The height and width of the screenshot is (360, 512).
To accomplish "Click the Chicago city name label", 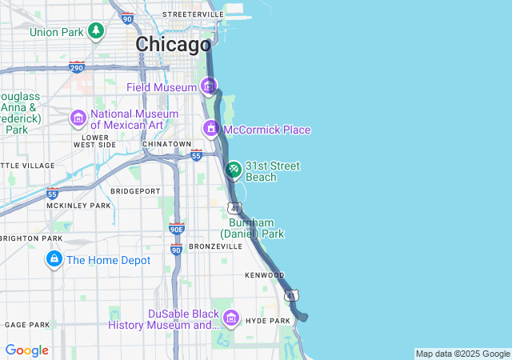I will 173,44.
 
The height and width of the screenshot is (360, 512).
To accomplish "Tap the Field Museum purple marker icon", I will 209,86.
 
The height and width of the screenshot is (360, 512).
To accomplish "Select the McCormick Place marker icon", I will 211,129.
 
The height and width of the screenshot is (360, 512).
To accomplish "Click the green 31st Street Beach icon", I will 233,170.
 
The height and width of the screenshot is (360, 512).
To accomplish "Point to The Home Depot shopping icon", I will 54,259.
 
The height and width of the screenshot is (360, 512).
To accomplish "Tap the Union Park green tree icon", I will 96,31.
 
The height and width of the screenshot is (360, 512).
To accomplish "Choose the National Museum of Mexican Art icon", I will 78,118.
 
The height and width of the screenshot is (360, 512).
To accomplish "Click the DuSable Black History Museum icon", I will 230,318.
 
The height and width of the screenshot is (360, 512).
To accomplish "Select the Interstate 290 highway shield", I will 77,66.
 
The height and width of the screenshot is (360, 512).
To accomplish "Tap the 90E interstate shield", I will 177,229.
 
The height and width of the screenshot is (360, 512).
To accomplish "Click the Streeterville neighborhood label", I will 193,14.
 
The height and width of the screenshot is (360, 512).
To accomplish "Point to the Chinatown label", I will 166,144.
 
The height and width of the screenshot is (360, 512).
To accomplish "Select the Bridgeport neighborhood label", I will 135,191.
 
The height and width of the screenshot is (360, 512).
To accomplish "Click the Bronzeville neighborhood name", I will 215,246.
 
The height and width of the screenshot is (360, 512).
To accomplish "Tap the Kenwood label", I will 264,275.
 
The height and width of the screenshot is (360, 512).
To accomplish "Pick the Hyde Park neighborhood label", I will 267,321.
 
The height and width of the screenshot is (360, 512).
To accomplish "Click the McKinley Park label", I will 78,206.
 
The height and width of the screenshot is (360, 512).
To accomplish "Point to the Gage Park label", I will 27,325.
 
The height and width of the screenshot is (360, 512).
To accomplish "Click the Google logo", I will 26,350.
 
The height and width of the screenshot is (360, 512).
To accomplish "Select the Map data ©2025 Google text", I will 462,354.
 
